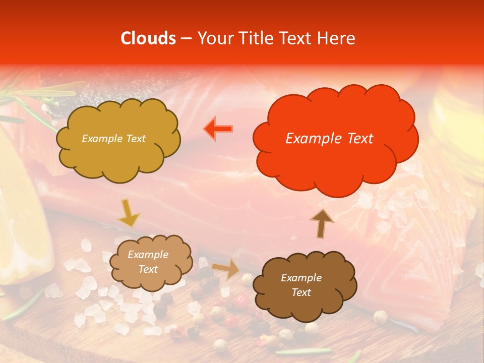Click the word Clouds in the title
148,38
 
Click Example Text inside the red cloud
329,139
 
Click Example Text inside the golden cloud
113,139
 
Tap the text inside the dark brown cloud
301,285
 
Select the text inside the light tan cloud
148,262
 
